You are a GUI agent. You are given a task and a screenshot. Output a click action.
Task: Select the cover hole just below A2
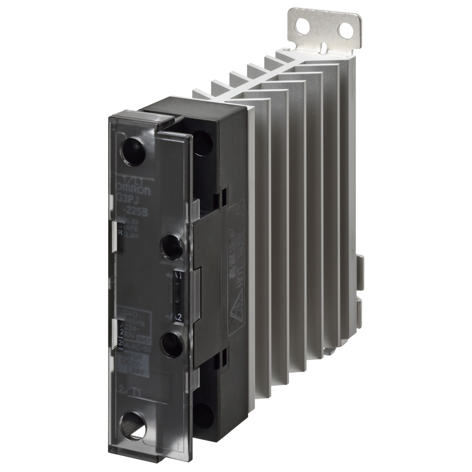[x=172, y=344]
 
